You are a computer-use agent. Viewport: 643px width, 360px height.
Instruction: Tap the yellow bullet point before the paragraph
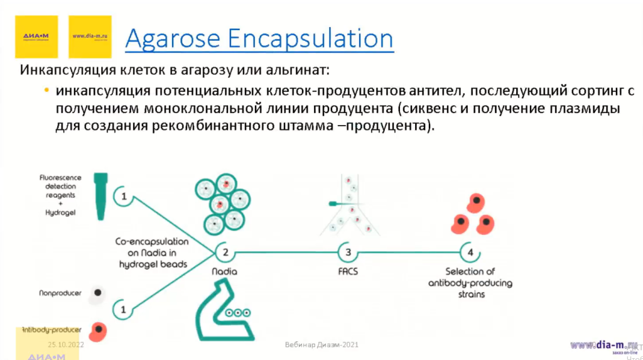click(x=46, y=92)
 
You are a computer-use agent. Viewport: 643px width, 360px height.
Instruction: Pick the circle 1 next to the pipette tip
click(x=124, y=197)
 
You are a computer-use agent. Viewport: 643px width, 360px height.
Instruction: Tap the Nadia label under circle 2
click(x=224, y=273)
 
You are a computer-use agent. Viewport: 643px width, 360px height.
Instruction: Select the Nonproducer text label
click(x=60, y=293)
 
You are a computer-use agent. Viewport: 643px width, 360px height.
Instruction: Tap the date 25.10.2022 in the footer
click(x=65, y=345)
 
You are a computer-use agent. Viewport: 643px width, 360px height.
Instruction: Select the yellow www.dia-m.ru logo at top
click(x=90, y=36)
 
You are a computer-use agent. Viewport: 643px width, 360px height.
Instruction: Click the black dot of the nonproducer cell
click(x=97, y=293)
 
